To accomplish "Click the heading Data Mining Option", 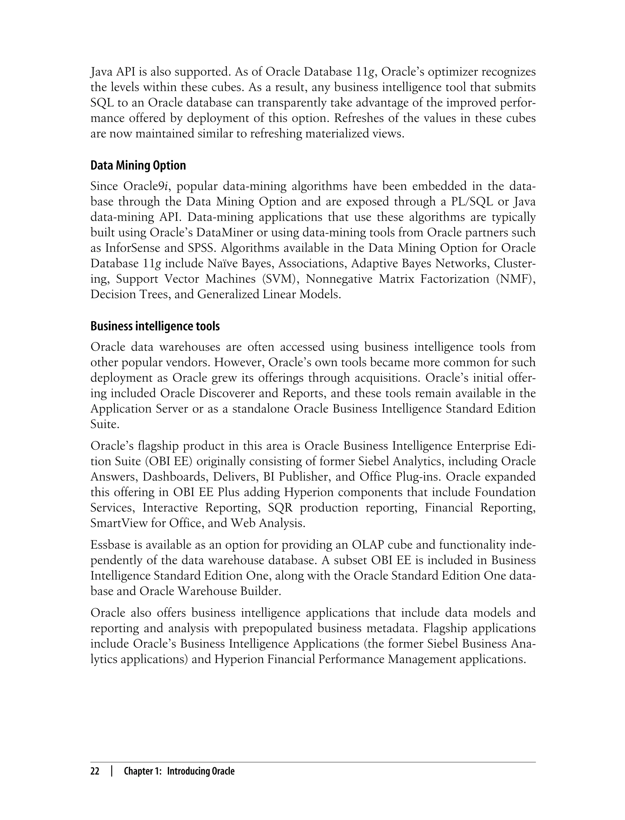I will click(x=138, y=165).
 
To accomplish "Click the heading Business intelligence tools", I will click(x=155, y=326).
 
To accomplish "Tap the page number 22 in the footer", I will click(x=95, y=771).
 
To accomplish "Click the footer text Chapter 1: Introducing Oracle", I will click(x=179, y=771).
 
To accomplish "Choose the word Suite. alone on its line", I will click(x=105, y=424).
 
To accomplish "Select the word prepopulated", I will click(x=276, y=628).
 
